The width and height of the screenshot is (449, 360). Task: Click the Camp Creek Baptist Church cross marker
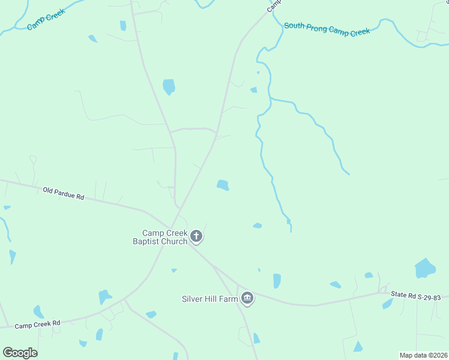tap(196, 236)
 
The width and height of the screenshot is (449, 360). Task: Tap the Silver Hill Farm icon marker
tap(247, 298)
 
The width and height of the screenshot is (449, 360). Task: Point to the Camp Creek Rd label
tap(38, 325)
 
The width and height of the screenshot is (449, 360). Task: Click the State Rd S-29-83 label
tap(415, 296)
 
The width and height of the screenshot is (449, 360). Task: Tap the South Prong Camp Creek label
tap(327, 28)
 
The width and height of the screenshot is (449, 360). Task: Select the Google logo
tap(20, 352)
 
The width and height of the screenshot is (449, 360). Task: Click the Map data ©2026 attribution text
tap(423, 355)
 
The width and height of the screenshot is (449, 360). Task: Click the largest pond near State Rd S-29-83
tap(425, 268)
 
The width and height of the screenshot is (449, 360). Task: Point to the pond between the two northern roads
tap(169, 86)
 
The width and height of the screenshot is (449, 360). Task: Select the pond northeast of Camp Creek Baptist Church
tap(223, 185)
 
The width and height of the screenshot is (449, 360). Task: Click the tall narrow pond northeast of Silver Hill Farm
tap(277, 281)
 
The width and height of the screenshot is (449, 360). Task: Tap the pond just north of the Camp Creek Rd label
tap(38, 312)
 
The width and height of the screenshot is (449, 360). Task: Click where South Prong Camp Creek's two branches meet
tap(271, 99)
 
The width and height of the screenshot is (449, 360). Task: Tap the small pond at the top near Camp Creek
tap(123, 26)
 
